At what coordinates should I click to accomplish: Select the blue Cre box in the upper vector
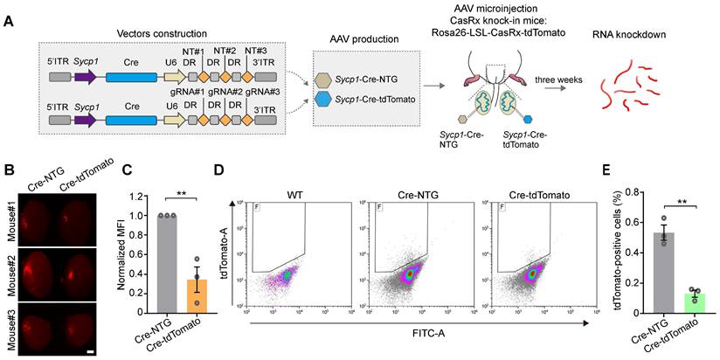pyautogui.click(x=132, y=77)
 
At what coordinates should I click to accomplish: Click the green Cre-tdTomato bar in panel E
pyautogui.click(x=669, y=301)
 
